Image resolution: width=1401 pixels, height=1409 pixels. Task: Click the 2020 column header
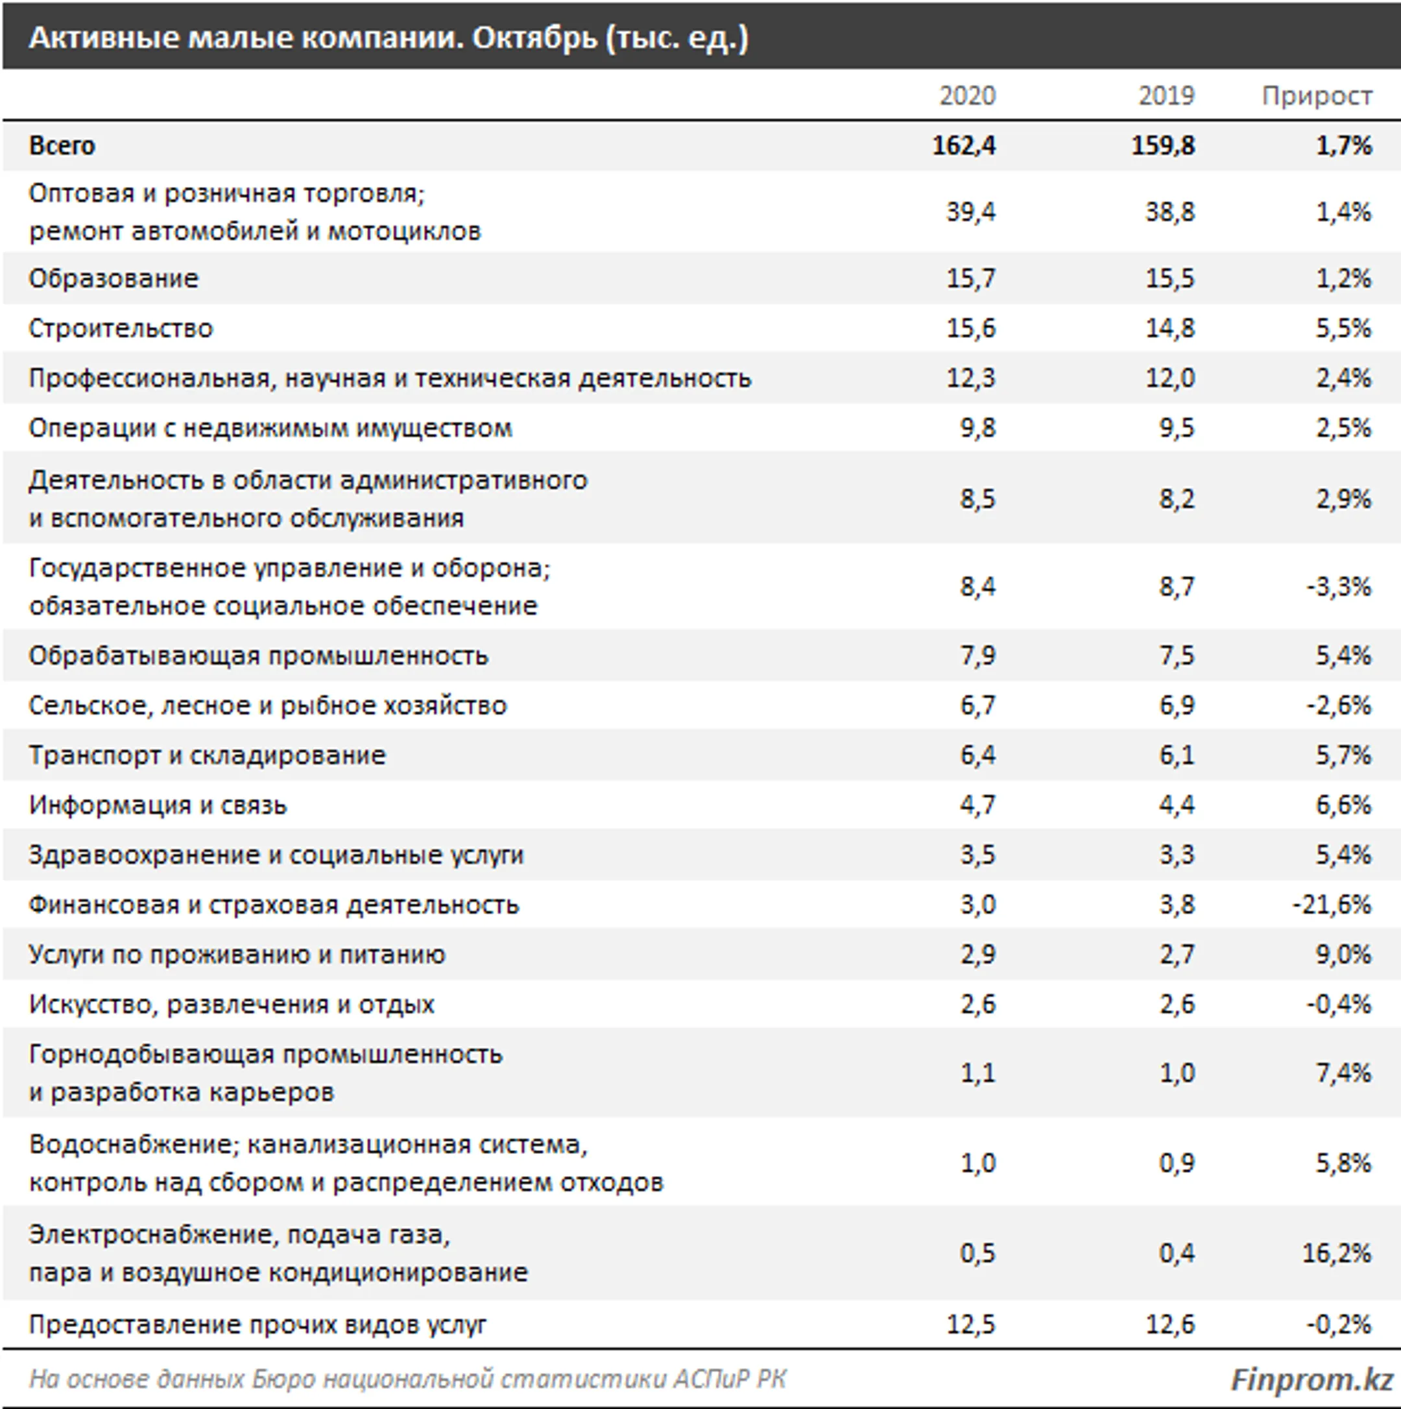966,95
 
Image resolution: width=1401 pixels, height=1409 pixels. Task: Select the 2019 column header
1166,95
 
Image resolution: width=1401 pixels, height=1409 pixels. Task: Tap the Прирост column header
1317,95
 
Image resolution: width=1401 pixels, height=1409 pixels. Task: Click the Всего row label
62,146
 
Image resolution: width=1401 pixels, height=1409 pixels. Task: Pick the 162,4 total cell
964,146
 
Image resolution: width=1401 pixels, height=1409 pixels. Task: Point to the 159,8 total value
1163,146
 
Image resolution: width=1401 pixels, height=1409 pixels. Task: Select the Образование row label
114,278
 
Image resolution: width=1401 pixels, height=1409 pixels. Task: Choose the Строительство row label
121,328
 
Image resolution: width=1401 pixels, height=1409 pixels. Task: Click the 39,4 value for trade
970,212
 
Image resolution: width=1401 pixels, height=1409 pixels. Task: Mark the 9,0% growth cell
1343,955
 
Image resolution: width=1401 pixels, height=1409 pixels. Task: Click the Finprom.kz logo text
1311,1379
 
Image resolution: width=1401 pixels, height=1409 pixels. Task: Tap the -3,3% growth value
1338,586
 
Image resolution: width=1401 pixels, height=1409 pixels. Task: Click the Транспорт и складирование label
207,755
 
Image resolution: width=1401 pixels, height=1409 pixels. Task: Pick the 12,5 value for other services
970,1325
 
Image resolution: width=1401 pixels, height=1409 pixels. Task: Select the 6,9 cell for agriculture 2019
1177,706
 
